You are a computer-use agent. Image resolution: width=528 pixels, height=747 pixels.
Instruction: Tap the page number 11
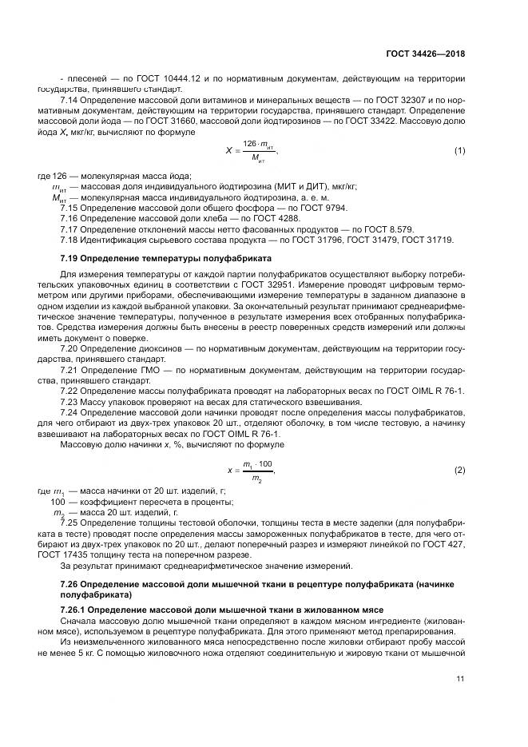click(460, 680)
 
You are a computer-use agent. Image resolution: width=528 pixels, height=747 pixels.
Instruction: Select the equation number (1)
click(459, 150)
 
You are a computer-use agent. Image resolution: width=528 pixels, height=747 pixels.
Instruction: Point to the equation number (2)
click(459, 471)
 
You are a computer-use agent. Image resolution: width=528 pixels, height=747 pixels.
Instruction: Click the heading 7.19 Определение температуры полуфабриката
click(166, 260)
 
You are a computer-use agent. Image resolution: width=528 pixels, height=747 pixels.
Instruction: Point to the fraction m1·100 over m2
click(257, 471)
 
